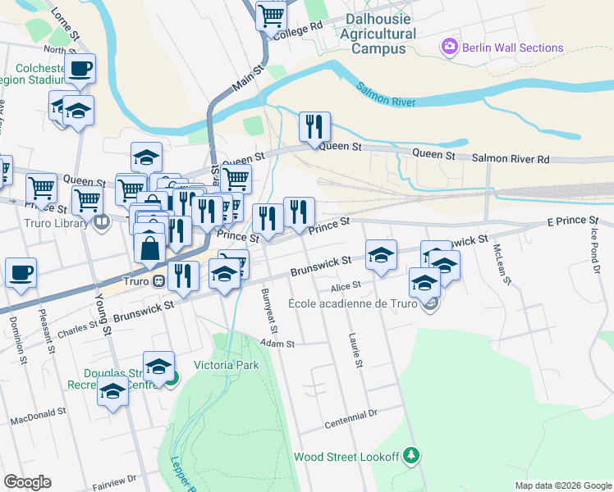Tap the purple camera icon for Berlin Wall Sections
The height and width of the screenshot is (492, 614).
tap(448, 48)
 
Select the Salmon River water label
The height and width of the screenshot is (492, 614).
tap(386, 94)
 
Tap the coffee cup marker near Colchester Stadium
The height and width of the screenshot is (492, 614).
tap(80, 68)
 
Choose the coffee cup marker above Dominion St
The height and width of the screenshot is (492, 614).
tap(21, 273)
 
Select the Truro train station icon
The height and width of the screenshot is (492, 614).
tap(158, 280)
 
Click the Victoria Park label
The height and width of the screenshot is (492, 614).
tap(226, 365)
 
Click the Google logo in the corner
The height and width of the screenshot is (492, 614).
tap(27, 482)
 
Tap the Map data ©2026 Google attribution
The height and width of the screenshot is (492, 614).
tap(562, 485)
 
